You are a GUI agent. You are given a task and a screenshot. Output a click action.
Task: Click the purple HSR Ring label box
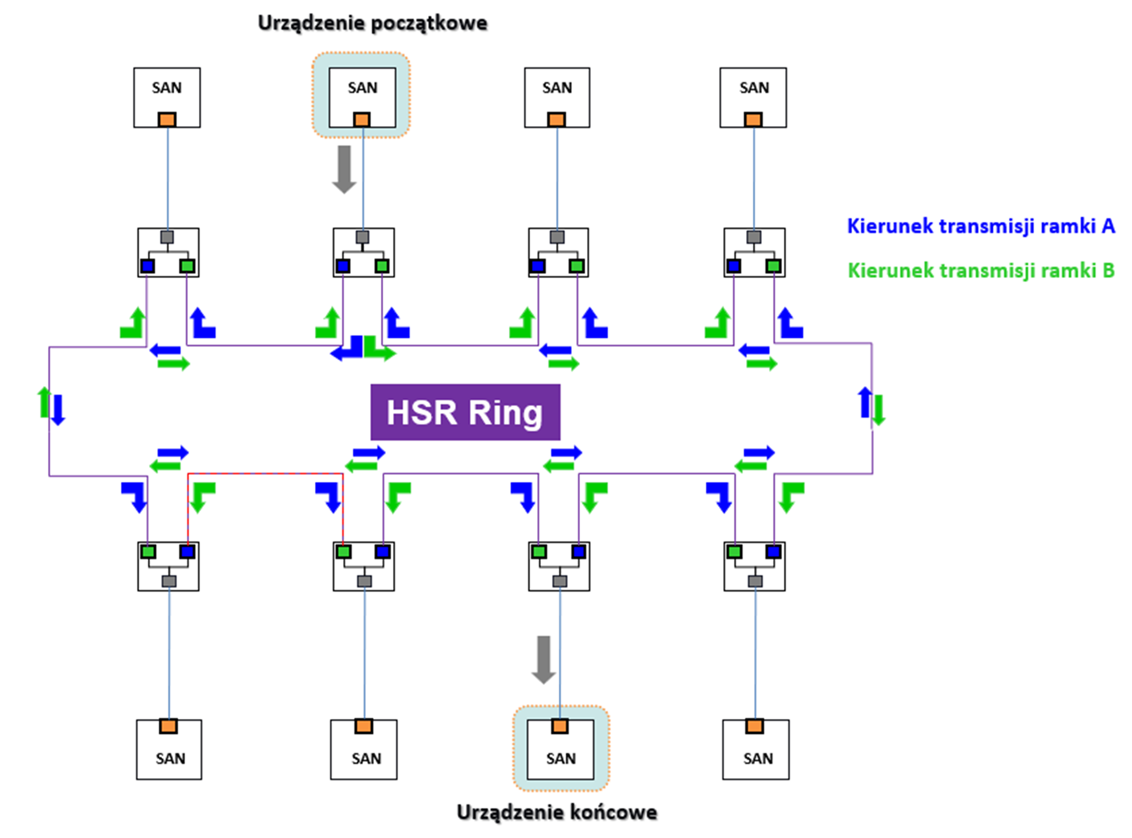pos(465,412)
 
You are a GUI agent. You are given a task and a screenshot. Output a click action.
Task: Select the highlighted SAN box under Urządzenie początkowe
pos(362,97)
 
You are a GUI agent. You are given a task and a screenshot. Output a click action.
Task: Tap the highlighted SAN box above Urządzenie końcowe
pos(560,749)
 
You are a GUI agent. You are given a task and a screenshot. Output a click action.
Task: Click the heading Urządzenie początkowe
pos(372,23)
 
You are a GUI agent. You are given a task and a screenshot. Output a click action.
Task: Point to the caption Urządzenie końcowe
pos(557,812)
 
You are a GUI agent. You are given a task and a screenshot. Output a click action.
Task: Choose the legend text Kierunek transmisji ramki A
pos(980,226)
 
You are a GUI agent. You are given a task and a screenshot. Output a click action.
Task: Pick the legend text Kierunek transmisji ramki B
pos(980,270)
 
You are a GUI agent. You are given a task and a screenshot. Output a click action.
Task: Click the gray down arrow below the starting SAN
pos(345,170)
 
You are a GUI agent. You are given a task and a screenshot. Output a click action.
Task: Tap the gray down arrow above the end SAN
pos(543,660)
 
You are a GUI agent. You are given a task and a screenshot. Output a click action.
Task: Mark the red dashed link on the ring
pos(265,473)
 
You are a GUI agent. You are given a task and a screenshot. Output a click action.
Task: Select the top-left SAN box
pos(167,97)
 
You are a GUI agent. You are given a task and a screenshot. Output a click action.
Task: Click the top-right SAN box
pos(753,97)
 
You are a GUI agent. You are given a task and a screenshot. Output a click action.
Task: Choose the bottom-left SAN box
pos(169,749)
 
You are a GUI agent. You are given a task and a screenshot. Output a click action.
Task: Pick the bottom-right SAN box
pos(756,749)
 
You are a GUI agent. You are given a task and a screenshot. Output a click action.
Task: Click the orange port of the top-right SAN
pos(753,119)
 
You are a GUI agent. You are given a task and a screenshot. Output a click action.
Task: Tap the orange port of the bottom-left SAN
pos(169,726)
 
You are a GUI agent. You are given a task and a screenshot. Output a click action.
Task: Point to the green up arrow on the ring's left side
pos(45,402)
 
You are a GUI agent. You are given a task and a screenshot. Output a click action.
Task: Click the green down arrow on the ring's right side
pos(878,410)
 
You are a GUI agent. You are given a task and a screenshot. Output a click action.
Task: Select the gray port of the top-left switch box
pos(167,237)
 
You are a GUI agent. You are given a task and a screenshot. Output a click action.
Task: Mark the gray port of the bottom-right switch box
pos(755,581)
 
